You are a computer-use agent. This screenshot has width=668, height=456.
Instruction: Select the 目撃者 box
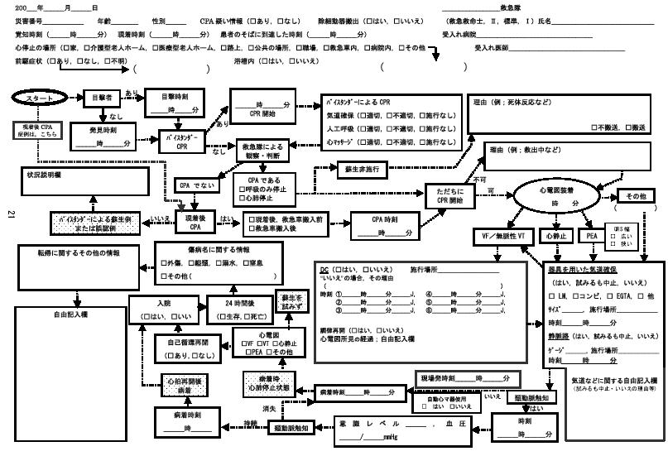pyautogui.click(x=103, y=97)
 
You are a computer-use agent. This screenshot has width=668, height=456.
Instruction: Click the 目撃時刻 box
pyautogui.click(x=174, y=103)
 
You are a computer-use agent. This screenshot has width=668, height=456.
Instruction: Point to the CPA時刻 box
pyautogui.click(x=383, y=226)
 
